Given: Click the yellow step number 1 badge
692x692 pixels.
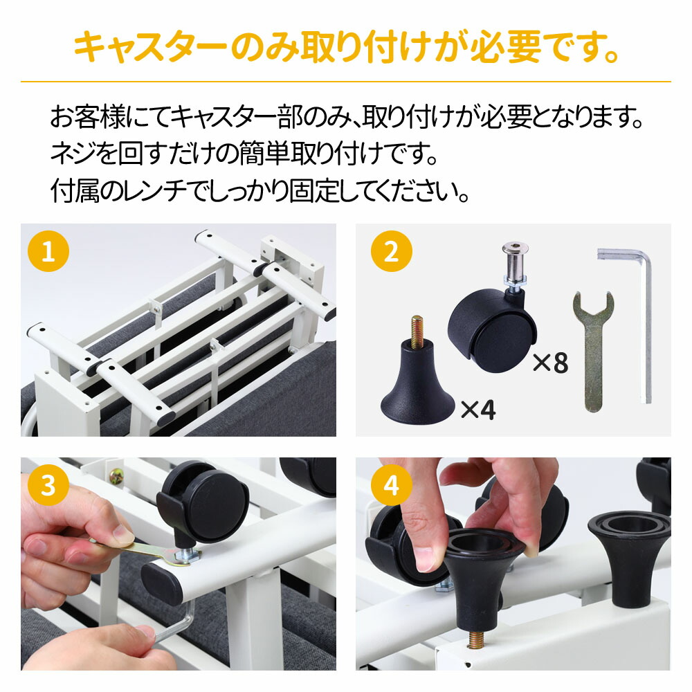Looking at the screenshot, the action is [x=48, y=251].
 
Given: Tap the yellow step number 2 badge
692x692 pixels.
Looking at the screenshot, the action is [x=392, y=251].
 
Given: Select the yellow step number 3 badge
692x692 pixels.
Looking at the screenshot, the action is [x=48, y=485].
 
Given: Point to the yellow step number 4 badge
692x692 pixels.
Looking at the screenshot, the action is [x=392, y=485].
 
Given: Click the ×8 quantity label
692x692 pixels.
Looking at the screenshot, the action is [x=550, y=363].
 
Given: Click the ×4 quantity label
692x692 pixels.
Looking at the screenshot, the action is [x=478, y=409].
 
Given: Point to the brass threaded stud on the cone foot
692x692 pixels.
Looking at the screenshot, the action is [x=417, y=331].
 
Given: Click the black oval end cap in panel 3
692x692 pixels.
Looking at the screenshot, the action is [x=162, y=583].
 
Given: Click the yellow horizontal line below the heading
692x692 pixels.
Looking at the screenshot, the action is [x=346, y=82].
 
